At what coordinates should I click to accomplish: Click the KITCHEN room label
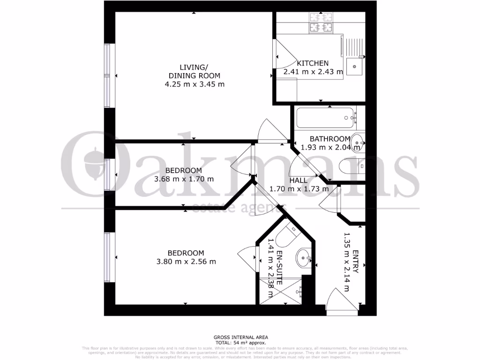click(x=313, y=63)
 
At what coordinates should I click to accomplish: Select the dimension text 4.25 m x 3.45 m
click(x=194, y=84)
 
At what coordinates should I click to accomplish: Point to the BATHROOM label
click(x=330, y=139)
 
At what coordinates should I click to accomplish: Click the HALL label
click(x=298, y=180)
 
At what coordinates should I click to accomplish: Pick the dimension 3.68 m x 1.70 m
click(x=184, y=179)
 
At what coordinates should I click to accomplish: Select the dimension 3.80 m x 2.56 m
click(x=186, y=262)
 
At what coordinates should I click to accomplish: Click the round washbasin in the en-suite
click(x=303, y=256)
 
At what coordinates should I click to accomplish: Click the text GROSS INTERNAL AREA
click(x=240, y=337)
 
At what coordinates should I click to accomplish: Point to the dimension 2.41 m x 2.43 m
click(x=313, y=72)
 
